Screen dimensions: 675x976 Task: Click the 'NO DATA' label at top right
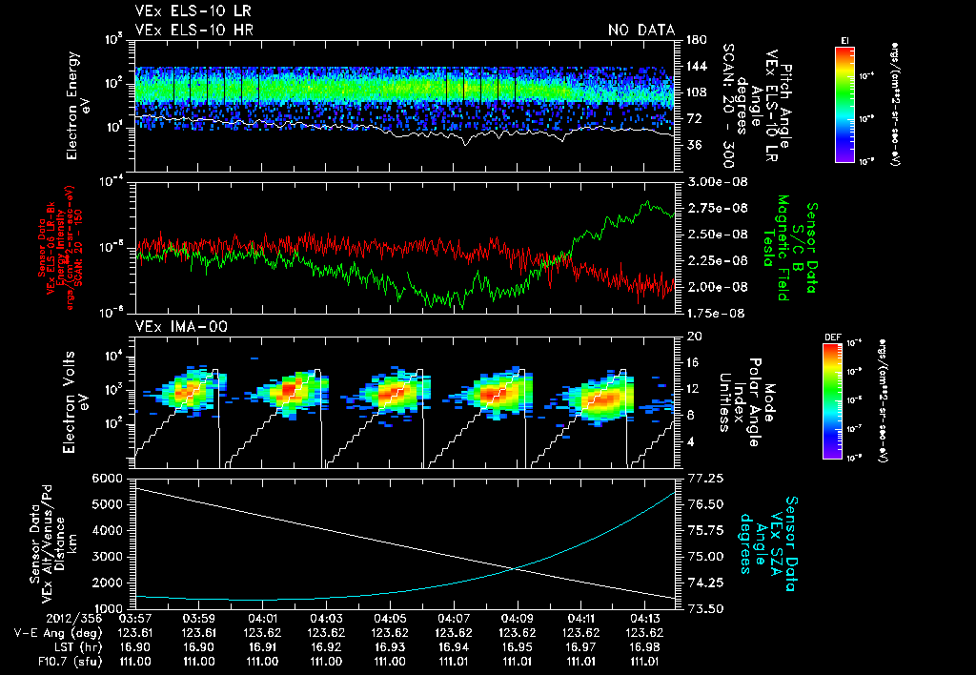click(641, 31)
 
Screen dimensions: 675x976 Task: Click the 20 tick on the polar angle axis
click(691, 337)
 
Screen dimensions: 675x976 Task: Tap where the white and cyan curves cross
click(516, 568)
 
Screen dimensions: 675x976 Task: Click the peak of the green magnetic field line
click(648, 202)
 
